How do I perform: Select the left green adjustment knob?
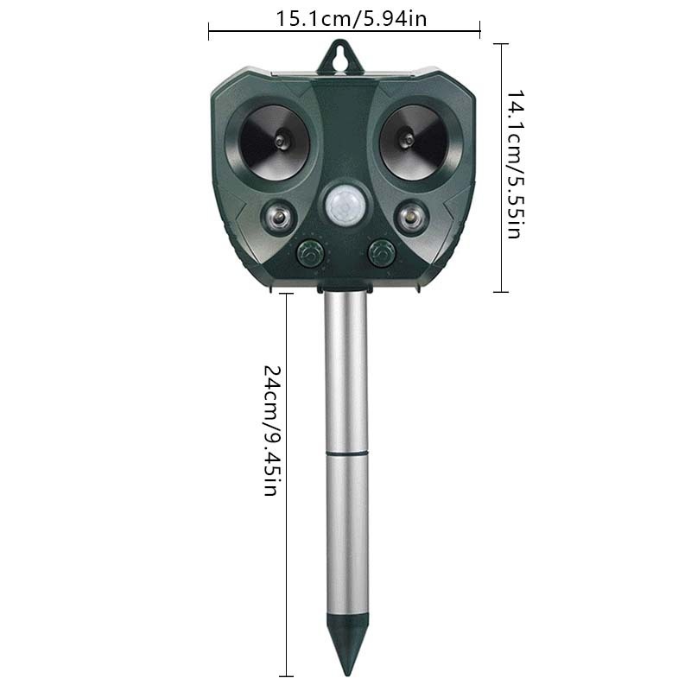click(x=311, y=253)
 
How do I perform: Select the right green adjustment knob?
click(x=379, y=253)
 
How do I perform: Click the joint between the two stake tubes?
click(x=345, y=452)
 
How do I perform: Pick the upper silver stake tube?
click(x=345, y=371)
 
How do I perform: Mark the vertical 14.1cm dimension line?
click(x=500, y=112)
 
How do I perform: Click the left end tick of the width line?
click(x=210, y=32)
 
